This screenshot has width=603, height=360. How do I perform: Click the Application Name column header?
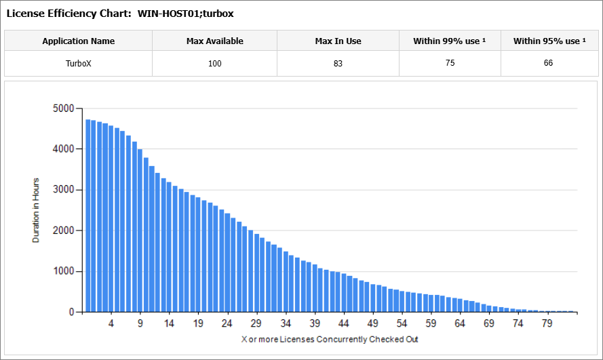pos(78,41)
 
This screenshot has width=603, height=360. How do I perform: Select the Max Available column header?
pos(214,41)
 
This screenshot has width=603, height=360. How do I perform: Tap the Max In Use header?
pos(338,41)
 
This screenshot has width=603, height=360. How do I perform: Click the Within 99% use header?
pos(450,41)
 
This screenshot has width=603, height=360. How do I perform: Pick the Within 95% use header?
pos(549,41)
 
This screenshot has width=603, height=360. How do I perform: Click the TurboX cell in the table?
pos(78,64)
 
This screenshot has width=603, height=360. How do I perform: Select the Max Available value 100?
pos(214,64)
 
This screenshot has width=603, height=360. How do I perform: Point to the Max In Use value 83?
pos(338,64)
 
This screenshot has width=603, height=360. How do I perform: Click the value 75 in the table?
pos(450,63)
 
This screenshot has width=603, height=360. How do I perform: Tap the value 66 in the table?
pos(548,63)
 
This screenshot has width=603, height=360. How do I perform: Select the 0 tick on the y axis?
pos(71,312)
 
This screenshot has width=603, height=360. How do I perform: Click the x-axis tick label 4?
pos(111,323)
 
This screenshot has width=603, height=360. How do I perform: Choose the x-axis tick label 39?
pos(315,323)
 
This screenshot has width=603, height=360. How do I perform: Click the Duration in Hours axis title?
pos(36,209)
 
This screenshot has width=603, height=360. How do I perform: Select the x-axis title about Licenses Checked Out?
pos(330,338)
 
